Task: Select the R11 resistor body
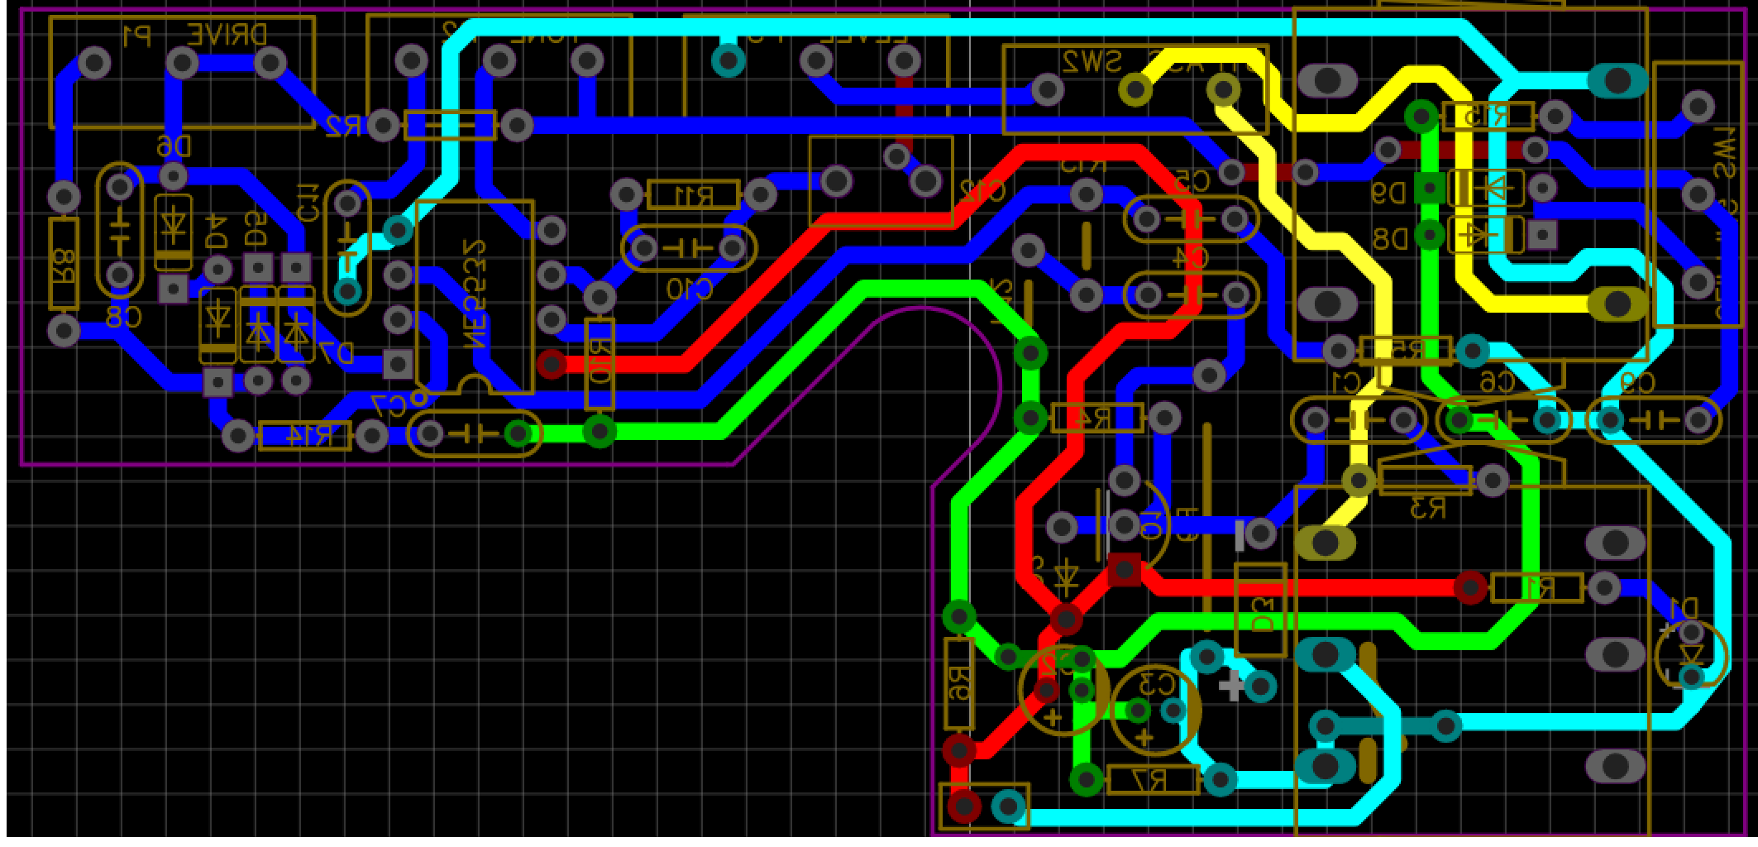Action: point(693,195)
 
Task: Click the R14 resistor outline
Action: point(305,436)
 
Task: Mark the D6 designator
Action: point(173,148)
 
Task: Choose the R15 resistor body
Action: point(1488,117)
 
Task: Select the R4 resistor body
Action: point(1096,418)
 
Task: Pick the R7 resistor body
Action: point(1153,780)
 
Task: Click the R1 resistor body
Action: point(1536,588)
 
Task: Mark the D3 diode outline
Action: point(1261,610)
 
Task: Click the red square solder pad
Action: point(1124,570)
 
